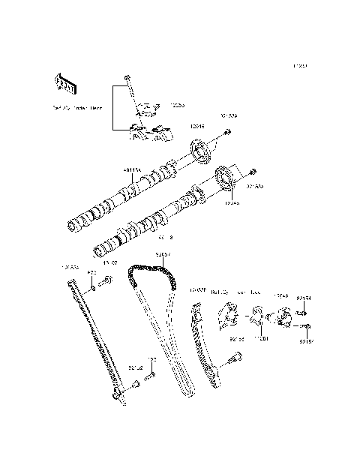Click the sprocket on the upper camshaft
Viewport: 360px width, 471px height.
pos(201,153)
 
